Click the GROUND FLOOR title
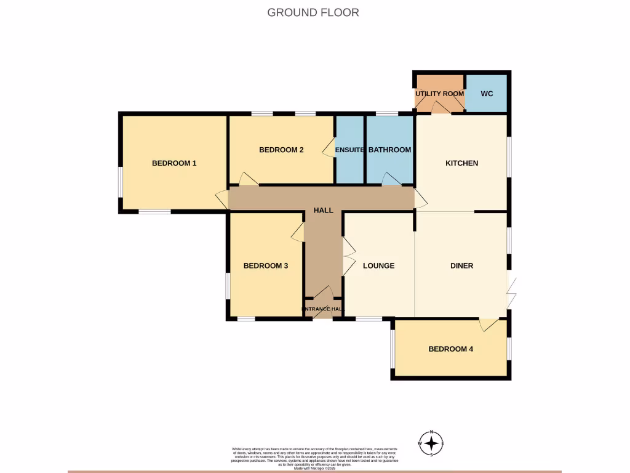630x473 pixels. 313,12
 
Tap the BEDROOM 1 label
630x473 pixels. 174,163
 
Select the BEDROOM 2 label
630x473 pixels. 281,150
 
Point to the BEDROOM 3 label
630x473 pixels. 266,266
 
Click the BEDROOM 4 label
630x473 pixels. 451,349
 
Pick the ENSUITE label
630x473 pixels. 349,150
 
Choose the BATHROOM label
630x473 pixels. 389,150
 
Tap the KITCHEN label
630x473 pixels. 461,163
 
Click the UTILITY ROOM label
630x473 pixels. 439,94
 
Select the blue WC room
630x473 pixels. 487,94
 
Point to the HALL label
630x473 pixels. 324,211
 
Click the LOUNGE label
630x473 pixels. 378,266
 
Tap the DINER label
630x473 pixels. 461,266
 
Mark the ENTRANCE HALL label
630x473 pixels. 323,309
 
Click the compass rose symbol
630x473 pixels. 432,443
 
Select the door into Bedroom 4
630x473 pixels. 489,325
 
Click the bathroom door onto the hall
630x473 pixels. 390,179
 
